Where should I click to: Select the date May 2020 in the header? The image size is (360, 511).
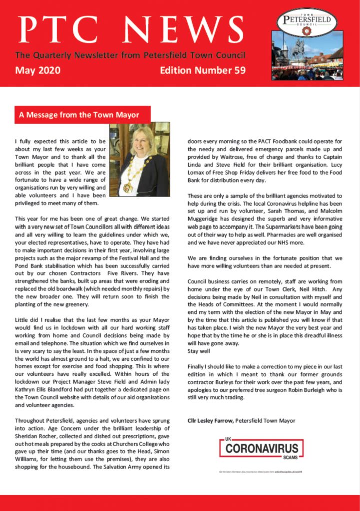[38, 70]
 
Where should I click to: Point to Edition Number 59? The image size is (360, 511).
[202, 70]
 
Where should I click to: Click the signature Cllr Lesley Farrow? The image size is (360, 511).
[210, 421]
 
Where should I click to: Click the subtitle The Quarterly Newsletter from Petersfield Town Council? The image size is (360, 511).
[130, 55]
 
